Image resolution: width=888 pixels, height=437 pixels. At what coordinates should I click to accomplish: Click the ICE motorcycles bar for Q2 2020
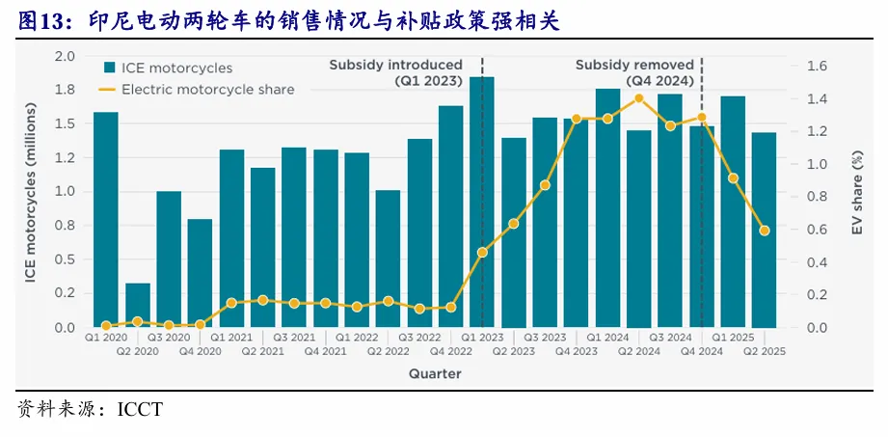[138, 305]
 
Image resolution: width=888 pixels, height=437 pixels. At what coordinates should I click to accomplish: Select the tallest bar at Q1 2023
[482, 203]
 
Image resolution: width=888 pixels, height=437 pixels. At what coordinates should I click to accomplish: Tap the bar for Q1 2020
[106, 220]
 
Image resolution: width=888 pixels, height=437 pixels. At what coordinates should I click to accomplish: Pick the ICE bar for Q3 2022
[419, 233]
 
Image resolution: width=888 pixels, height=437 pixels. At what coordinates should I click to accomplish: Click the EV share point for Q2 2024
[638, 97]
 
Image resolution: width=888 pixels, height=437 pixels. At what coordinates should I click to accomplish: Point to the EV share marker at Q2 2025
[764, 231]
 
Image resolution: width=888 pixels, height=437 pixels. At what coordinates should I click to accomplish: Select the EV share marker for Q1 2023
[482, 252]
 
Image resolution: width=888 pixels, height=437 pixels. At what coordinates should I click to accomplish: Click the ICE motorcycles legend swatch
[110, 68]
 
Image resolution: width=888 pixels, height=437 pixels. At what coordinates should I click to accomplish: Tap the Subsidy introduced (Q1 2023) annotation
[395, 73]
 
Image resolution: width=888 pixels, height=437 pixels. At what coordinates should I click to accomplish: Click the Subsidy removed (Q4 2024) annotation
[634, 73]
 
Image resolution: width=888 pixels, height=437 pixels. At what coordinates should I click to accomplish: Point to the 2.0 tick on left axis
[65, 56]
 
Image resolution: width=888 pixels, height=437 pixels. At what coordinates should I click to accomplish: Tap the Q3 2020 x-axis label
[169, 339]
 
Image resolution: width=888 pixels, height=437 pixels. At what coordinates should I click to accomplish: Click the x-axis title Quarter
[434, 373]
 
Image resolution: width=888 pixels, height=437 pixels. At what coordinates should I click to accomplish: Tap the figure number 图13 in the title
[39, 19]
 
